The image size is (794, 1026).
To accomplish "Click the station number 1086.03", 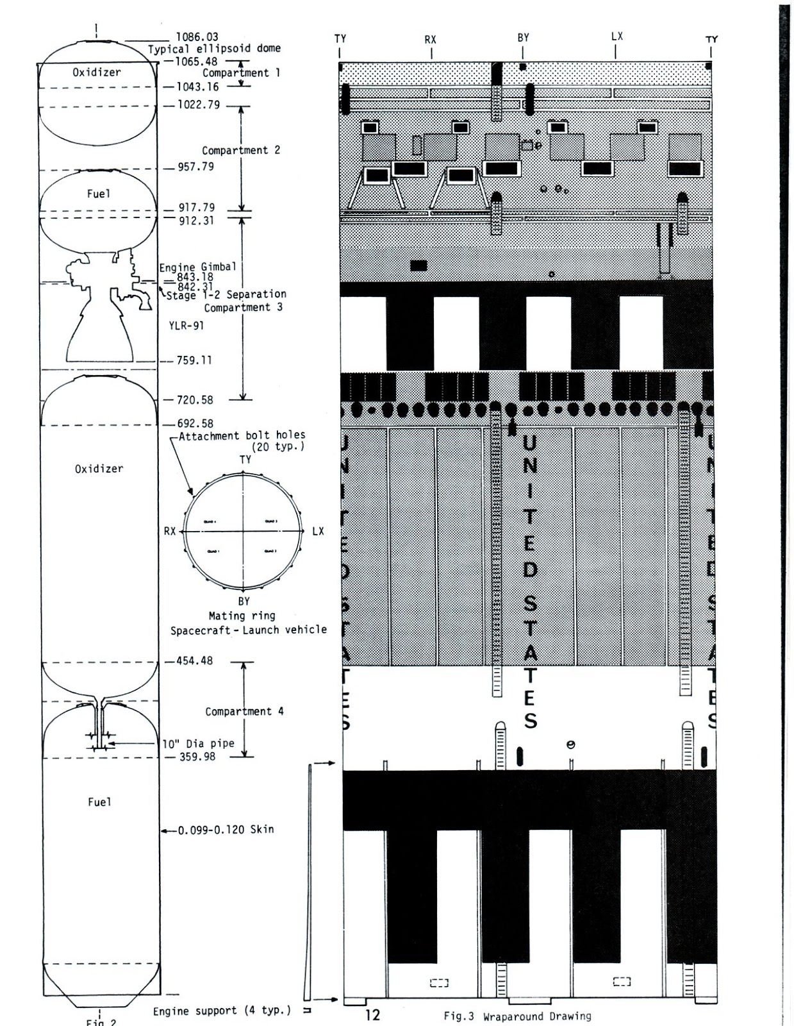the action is coord(197,37).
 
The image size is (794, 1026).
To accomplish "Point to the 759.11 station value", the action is coord(194,360).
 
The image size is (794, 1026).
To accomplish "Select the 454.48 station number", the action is coord(194,660).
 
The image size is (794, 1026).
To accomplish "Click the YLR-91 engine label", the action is coord(186,325).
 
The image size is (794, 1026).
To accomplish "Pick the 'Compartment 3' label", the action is coord(243,307).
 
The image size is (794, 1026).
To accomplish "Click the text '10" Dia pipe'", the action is coord(198,744).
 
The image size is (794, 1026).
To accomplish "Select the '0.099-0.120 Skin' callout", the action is coord(226,830).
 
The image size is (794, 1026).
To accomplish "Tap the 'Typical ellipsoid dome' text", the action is coord(214,49).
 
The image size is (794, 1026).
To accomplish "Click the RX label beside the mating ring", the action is coord(170,531).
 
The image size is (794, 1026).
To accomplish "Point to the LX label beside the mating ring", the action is coord(318,531).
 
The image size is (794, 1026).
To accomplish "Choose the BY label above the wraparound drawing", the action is coord(524,38).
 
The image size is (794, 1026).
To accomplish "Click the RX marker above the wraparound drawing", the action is coord(431,40).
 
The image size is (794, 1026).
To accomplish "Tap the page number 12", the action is coord(372,1015).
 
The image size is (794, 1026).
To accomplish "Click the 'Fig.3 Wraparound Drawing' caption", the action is coord(517,1016).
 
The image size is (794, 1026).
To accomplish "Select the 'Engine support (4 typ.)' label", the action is coord(222,1011).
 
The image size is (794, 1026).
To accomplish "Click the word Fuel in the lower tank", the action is coord(99,802).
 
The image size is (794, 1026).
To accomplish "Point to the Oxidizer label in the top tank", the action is coord(96,72).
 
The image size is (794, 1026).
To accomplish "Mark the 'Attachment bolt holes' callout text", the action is coord(242,436).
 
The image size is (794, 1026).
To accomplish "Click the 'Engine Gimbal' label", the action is coord(197,267).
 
